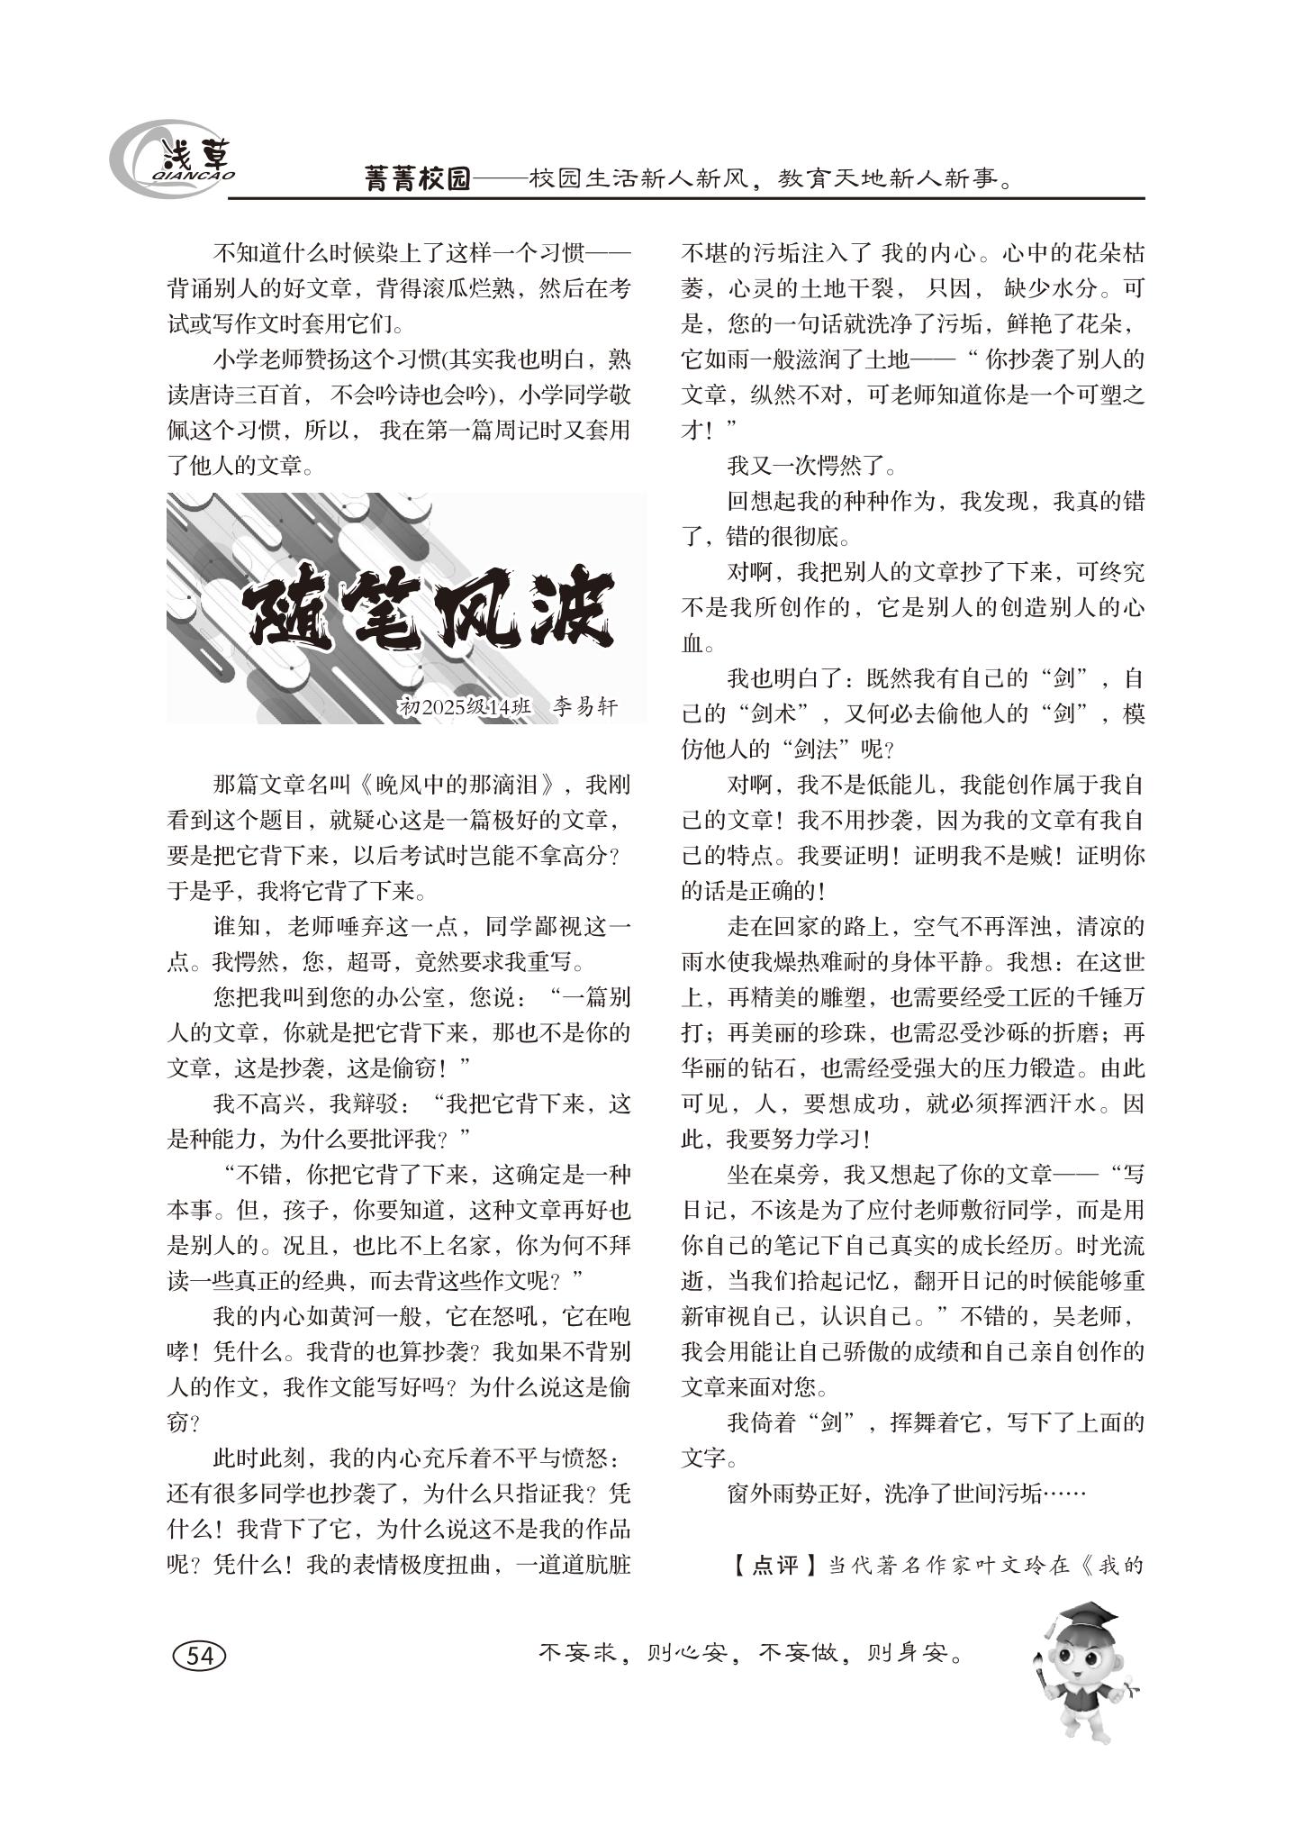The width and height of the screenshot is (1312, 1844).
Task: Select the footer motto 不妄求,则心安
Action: tap(631, 1653)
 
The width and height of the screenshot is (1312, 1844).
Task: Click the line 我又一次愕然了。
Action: tap(811, 467)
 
